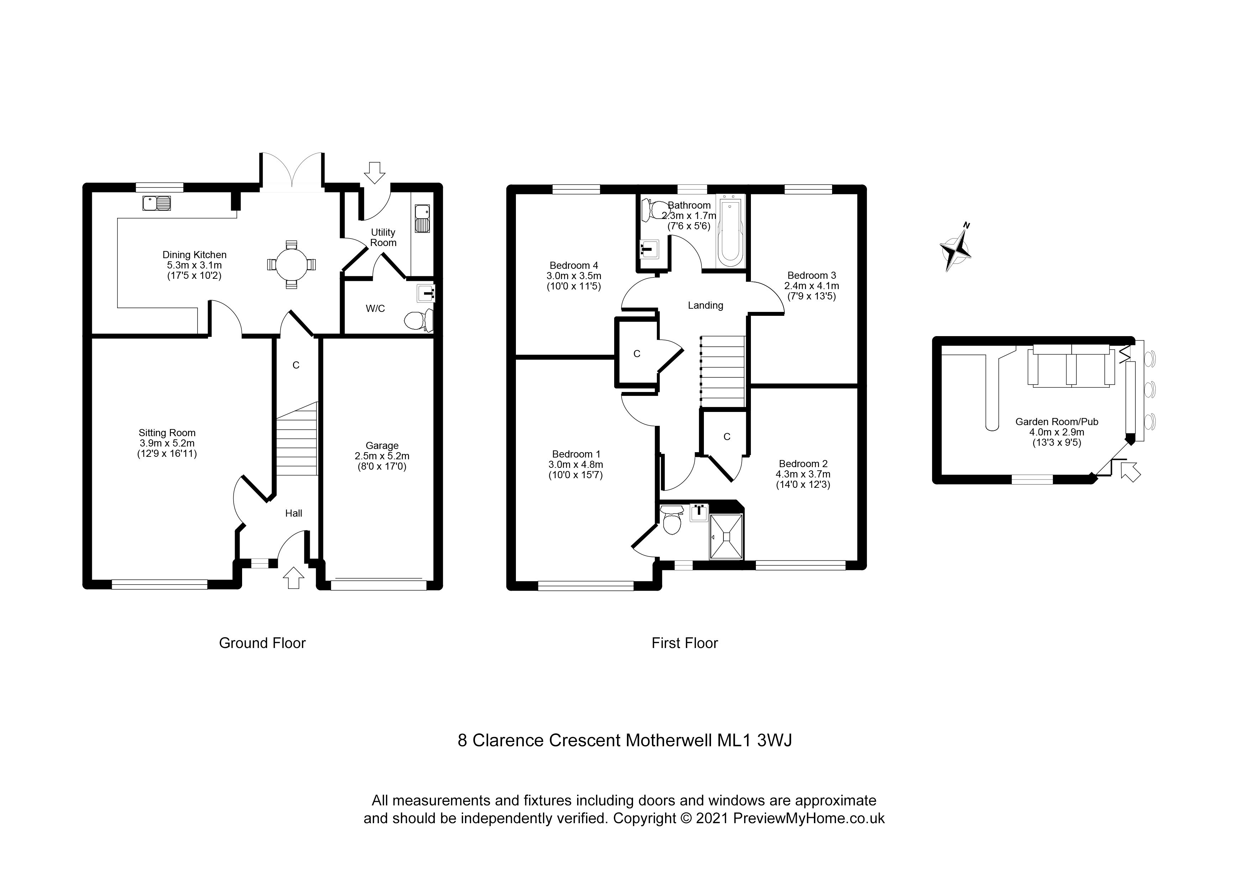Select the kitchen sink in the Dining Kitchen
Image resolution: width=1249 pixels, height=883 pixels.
157,203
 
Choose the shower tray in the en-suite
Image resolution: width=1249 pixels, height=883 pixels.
726,537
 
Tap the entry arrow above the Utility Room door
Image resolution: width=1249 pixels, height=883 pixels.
374,172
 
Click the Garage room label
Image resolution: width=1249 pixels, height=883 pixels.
382,445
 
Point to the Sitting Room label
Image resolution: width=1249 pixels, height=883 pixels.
167,433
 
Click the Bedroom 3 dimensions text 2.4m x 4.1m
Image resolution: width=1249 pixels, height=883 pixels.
811,286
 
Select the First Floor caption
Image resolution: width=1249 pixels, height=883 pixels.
684,643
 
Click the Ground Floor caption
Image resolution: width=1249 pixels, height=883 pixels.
262,643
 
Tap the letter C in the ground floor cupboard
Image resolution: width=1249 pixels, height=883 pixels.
296,365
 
